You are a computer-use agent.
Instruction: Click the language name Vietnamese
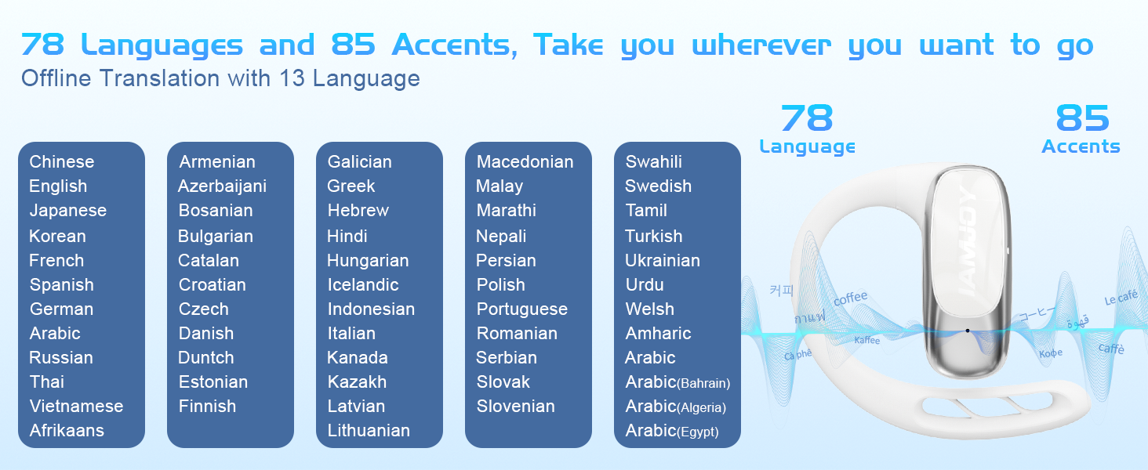(x=76, y=406)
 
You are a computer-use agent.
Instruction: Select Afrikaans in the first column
(x=67, y=430)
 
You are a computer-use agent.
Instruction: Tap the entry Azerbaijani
(x=222, y=186)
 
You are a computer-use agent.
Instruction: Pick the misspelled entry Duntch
(x=206, y=357)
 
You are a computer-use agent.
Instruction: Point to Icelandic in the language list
(x=363, y=284)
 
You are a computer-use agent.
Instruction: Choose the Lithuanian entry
(x=369, y=430)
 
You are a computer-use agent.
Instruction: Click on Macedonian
(x=525, y=162)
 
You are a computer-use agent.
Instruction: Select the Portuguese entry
(x=521, y=309)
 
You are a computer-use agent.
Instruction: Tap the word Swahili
(x=653, y=162)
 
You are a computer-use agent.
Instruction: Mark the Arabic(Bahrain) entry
(x=678, y=382)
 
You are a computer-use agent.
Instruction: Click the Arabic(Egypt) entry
(x=672, y=431)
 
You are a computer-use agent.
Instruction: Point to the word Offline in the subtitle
(x=56, y=78)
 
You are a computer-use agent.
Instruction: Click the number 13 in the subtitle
(x=292, y=78)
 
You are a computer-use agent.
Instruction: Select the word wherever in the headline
(x=761, y=45)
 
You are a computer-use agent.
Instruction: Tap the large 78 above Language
(x=807, y=117)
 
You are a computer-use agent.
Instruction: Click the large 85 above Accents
(x=1082, y=117)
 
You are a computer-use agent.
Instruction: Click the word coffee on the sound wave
(x=850, y=298)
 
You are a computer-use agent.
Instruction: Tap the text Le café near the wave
(x=1121, y=298)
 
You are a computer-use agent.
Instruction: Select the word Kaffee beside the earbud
(x=867, y=340)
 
